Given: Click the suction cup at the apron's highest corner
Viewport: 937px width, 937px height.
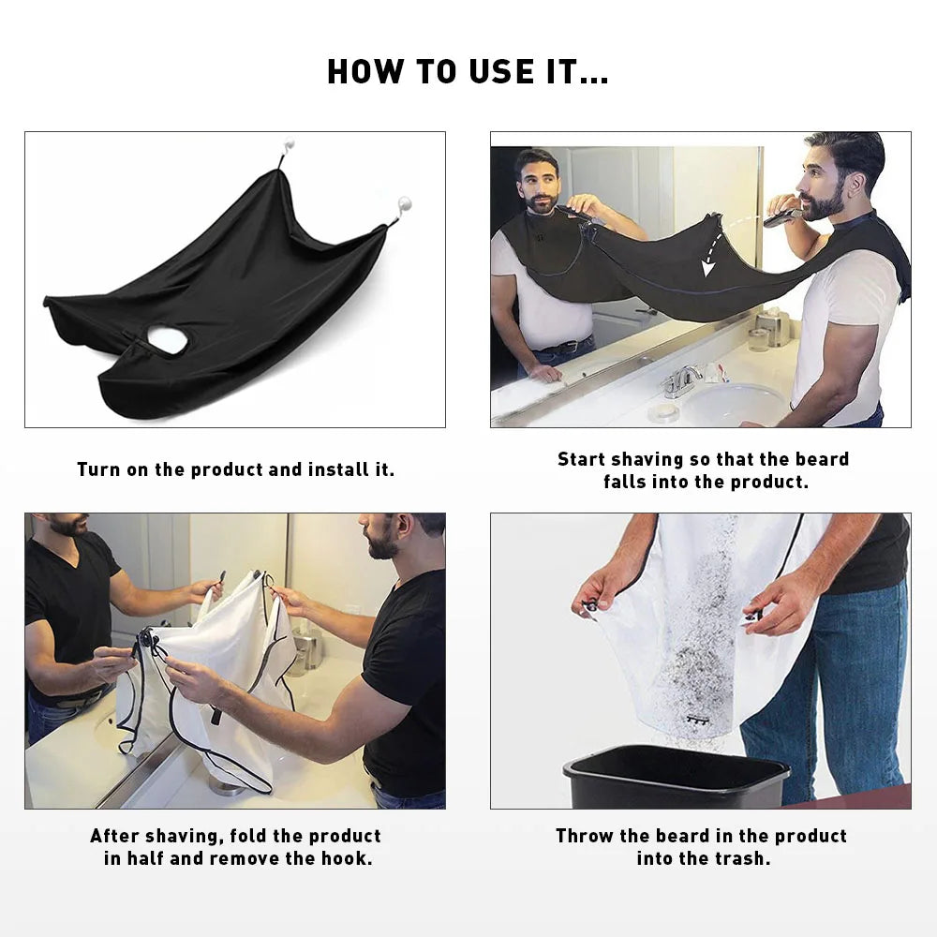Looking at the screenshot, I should [x=289, y=146].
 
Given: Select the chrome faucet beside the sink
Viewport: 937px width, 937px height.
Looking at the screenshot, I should [x=682, y=379].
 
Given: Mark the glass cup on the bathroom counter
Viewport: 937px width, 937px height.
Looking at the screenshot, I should [x=758, y=339].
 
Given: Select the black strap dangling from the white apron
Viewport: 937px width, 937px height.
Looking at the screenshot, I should [x=216, y=715].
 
